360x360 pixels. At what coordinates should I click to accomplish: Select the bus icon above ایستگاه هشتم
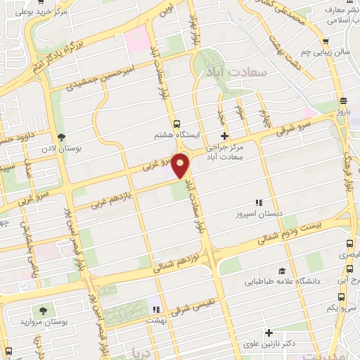pyautogui.click(x=176, y=120)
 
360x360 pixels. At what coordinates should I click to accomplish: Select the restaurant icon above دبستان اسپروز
pyautogui.click(x=258, y=202)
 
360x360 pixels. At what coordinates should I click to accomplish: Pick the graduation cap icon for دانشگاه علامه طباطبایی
pyautogui.click(x=281, y=270)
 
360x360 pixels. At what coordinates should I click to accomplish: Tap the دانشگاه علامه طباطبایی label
pyautogui.click(x=282, y=282)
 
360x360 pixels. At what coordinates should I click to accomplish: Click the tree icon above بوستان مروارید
pyautogui.click(x=44, y=310)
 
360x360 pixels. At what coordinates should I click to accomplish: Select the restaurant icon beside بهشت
pyautogui.click(x=157, y=309)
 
